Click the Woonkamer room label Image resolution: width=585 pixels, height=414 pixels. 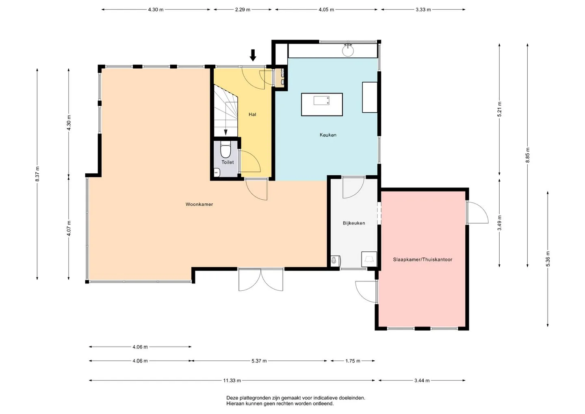coord(199,205)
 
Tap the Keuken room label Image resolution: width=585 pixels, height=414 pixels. coord(328,135)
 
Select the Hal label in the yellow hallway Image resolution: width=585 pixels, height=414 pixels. coord(252,114)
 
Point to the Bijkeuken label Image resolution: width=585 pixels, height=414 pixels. coord(354,223)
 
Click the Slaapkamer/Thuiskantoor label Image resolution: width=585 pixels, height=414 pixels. coord(422,259)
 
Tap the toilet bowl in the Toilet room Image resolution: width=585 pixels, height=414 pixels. coord(225,150)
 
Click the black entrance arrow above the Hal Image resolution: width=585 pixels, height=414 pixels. coord(253,55)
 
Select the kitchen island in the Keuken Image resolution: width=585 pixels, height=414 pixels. coord(322,105)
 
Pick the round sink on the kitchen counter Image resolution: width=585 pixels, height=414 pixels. coord(348,50)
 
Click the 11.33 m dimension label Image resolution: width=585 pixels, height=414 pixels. coord(232,381)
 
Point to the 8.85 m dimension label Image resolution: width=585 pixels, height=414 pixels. coord(528,155)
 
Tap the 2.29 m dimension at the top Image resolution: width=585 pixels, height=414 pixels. coord(243,10)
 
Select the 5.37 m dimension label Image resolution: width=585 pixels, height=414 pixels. coord(259,361)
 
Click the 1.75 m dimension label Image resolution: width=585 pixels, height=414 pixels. coord(353,361)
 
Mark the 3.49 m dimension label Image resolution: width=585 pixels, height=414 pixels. coord(500,223)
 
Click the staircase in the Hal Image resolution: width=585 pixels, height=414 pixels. coord(226,110)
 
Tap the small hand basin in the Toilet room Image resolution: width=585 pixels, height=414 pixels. coord(217,172)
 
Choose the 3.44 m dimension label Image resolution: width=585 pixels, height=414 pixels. coord(422,381)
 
